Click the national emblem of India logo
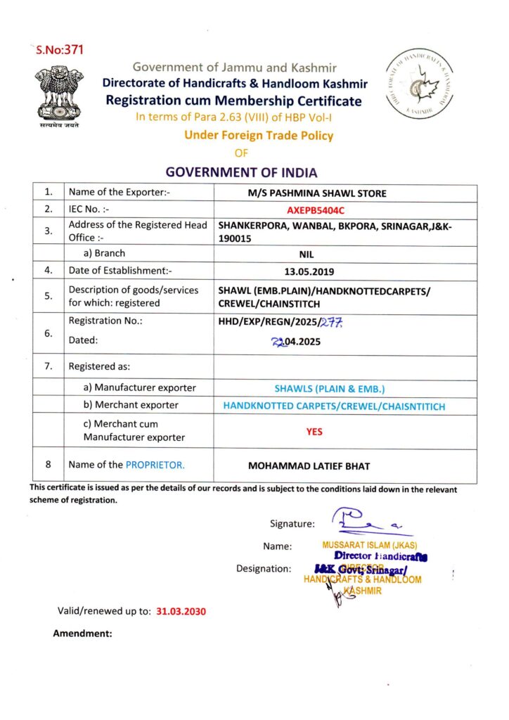pos(59,94)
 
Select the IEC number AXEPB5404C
pos(315,210)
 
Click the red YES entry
pos(314,432)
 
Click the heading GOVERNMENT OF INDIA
pos(241,172)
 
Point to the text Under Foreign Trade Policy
pos(259,136)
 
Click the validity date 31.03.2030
pos(181,611)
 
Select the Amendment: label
pos(82,634)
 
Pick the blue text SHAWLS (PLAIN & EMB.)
pos(330,388)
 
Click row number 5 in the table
pos(48,296)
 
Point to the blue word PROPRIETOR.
pos(155,465)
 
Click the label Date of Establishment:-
pos(120,270)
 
